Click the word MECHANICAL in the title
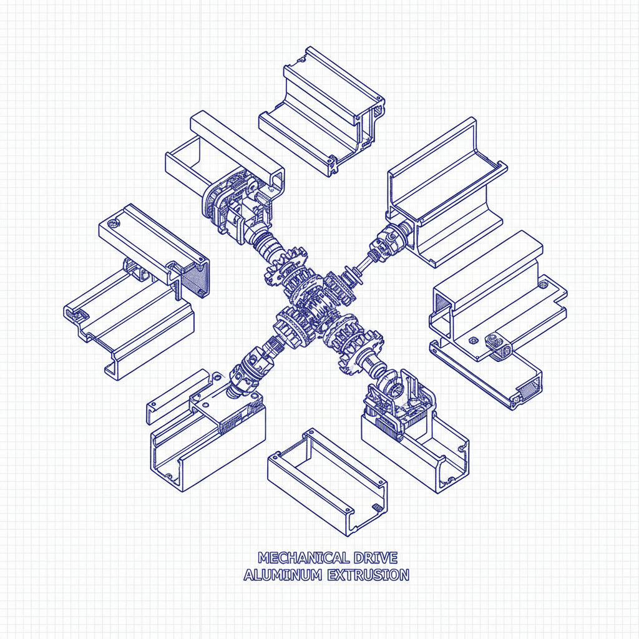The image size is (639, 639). click(295, 557)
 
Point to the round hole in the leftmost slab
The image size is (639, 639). click(112, 223)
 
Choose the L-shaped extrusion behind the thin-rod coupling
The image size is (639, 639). click(446, 187)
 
